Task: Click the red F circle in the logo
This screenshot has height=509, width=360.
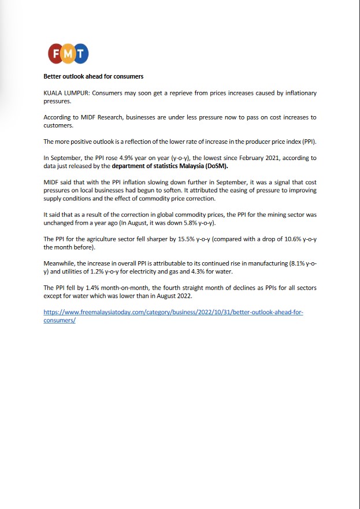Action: click(56, 54)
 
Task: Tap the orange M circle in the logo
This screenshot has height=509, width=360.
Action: click(69, 54)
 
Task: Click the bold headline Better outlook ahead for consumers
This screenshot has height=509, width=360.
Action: click(94, 76)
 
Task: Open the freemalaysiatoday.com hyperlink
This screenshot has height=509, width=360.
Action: click(173, 311)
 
